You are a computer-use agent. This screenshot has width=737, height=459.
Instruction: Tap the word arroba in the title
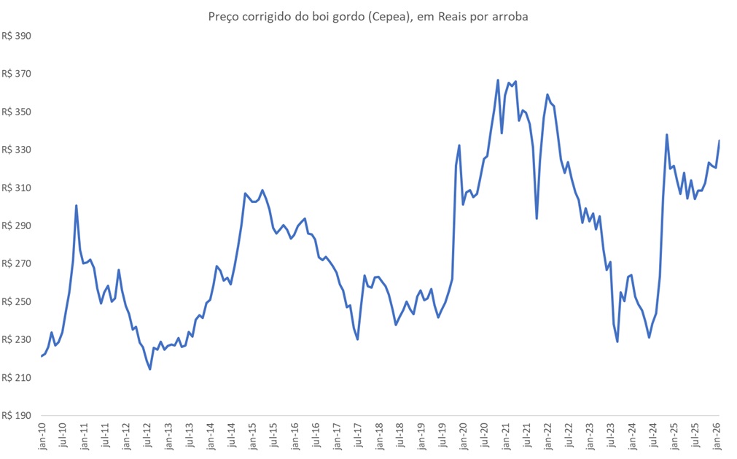click(508, 16)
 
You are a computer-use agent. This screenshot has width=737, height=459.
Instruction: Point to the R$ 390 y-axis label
click(17, 36)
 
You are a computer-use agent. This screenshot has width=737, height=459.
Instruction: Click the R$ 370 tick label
click(17, 74)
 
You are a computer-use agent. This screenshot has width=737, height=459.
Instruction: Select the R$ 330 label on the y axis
click(17, 150)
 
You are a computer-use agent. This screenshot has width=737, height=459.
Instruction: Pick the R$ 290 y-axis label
click(17, 225)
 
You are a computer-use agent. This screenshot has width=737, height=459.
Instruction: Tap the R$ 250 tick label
click(17, 301)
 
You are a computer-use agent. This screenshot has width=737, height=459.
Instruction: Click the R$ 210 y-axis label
click(17, 377)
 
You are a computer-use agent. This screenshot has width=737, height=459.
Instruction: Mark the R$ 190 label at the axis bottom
click(17, 415)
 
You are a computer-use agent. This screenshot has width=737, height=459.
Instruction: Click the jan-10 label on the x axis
click(42, 436)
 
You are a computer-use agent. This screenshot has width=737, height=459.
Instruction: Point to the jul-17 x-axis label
click(359, 436)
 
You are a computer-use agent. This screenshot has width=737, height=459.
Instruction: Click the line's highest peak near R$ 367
click(497, 80)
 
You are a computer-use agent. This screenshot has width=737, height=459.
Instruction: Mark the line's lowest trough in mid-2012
click(150, 369)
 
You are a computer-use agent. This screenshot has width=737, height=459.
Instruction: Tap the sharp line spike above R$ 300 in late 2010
click(76, 206)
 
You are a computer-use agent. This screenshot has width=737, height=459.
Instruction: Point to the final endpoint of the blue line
click(720, 141)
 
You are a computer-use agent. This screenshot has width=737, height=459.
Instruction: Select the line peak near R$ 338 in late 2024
click(666, 134)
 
